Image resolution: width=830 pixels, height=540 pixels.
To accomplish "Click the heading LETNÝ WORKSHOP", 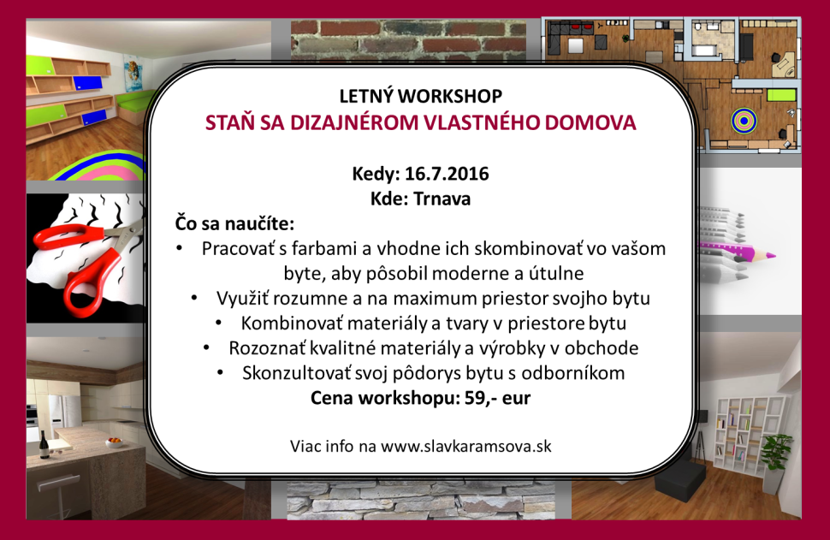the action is (421, 96).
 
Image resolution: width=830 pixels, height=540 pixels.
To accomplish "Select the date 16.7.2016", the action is (447, 174).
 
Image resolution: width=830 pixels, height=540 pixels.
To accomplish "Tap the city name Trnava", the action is (442, 199).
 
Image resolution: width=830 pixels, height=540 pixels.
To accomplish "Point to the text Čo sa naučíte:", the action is (234, 223).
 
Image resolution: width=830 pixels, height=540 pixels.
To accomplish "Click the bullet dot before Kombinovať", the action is (218, 323).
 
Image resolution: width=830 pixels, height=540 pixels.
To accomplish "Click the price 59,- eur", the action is (498, 398).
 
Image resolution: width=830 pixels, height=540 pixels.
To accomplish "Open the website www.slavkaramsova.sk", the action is (465, 446).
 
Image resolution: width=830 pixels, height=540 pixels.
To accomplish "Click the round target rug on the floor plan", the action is (744, 121).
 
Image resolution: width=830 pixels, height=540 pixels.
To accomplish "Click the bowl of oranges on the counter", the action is (114, 442).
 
